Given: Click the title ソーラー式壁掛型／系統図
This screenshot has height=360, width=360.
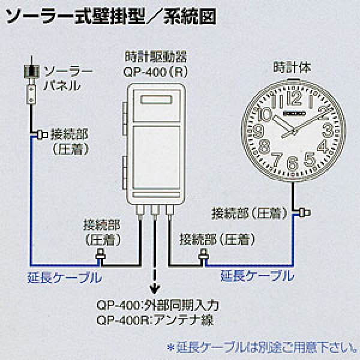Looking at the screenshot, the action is (111, 17).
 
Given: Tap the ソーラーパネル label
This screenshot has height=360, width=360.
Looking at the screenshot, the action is (68, 79).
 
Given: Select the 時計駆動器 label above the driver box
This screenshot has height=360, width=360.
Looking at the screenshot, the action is (155, 57).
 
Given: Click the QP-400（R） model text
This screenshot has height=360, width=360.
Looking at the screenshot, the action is (155, 72).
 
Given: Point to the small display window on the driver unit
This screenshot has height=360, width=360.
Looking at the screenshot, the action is (156, 100).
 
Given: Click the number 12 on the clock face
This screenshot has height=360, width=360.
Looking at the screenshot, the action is (295, 99).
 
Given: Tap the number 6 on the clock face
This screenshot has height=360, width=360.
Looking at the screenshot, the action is (293, 163).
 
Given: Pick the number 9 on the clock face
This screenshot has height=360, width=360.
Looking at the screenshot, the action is (258, 130).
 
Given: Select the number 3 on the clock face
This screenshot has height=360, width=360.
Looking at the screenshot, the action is (328, 130).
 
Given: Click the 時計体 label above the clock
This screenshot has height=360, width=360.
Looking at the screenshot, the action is (292, 68).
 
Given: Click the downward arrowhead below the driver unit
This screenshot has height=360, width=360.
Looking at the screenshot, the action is (155, 289).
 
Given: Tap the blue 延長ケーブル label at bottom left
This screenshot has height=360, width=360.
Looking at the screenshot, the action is (65, 278).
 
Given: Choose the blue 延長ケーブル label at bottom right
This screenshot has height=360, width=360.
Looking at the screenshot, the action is (257, 275).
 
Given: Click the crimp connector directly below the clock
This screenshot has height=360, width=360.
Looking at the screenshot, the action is (304, 212).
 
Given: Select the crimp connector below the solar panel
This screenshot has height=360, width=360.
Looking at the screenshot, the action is (42, 134).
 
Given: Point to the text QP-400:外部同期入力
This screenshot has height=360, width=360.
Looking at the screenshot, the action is (158, 305).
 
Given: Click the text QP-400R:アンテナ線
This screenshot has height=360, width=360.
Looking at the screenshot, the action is (155, 320).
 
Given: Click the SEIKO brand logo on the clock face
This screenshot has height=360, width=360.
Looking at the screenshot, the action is (295, 113).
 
